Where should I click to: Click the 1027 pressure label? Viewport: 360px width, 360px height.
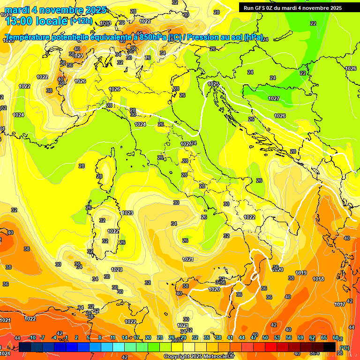click(x=274, y=98)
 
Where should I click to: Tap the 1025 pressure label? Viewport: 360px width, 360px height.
click(x=213, y=84)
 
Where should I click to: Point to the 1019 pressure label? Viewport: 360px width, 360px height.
click(x=301, y=273)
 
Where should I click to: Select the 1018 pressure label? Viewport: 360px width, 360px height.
click(x=318, y=279)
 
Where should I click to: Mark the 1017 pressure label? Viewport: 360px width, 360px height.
click(x=340, y=304)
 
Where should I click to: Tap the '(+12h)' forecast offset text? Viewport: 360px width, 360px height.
click(x=82, y=21)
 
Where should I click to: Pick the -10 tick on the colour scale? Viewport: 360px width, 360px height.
click(x=32, y=337)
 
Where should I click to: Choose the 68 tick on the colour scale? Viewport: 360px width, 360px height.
click(x=336, y=337)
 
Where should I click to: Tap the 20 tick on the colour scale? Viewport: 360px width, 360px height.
click(x=148, y=337)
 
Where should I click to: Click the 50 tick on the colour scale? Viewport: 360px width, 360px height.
click(x=265, y=337)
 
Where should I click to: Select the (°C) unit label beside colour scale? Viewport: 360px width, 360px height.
click(x=344, y=347)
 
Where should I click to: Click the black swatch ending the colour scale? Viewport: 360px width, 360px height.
click(x=330, y=346)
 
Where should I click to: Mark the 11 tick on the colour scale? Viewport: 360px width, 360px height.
click(x=113, y=337)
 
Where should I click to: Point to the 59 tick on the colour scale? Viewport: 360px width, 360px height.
click(x=300, y=337)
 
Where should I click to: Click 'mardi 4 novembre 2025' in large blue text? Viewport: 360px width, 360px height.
click(x=55, y=10)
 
